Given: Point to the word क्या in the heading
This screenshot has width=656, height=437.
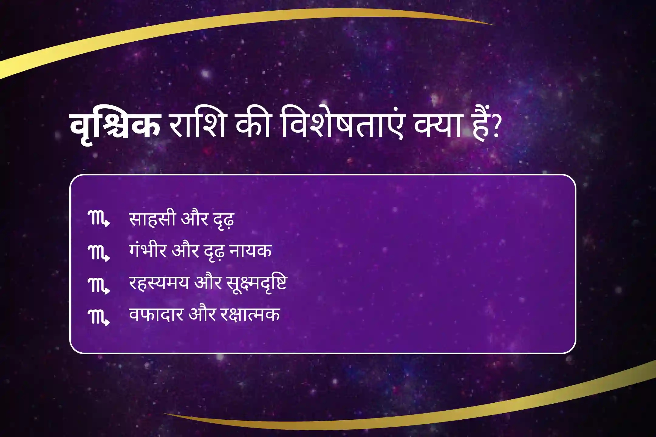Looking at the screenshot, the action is coord(439,124).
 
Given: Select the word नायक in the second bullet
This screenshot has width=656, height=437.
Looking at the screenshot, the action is coord(251,252).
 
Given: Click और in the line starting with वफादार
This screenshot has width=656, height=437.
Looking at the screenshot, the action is coord(202,314).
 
